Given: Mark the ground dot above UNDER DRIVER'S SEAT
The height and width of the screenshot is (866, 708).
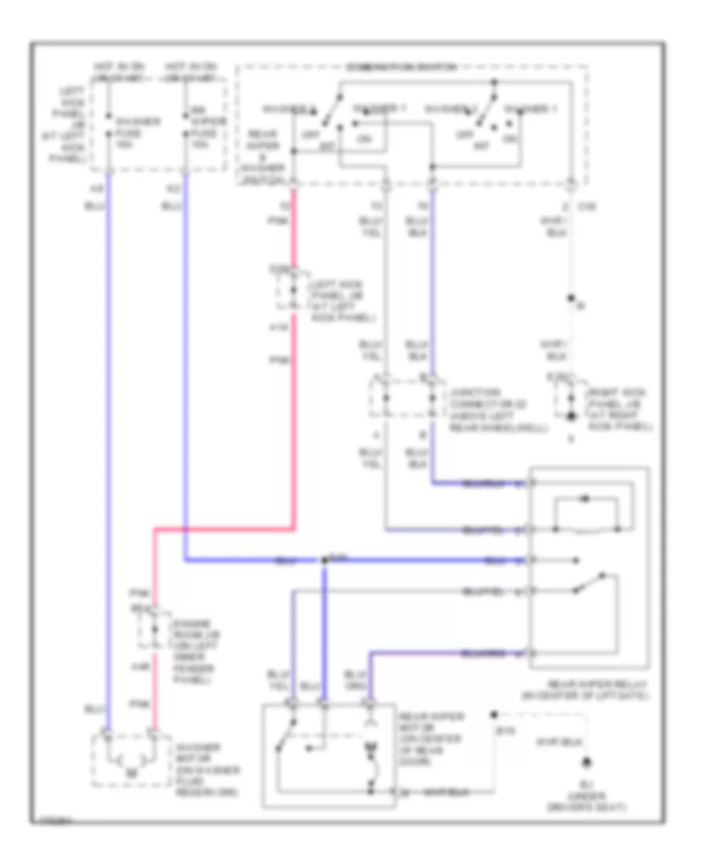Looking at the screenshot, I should tap(586, 763).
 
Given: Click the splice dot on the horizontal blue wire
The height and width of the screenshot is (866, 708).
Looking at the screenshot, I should tap(324, 561).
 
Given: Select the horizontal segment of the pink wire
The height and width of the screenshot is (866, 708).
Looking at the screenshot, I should tap(224, 529).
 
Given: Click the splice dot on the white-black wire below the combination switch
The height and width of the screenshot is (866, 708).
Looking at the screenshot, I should tap(572, 300).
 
